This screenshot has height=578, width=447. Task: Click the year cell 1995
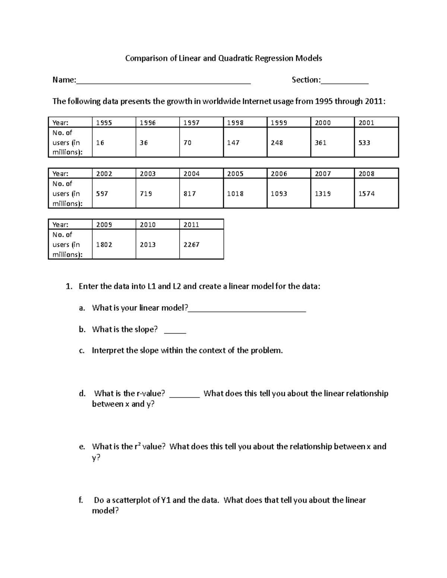coord(104,123)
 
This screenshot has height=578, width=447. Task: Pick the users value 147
coord(233,143)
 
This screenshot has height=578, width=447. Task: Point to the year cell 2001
coord(366,123)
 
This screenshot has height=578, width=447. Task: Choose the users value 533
coord(364,143)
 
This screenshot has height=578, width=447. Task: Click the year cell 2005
coord(235,174)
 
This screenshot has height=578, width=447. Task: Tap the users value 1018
coord(235,194)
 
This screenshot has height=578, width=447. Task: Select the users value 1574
coord(367,194)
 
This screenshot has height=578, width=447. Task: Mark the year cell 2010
coord(148,225)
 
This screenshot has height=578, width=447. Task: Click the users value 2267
coord(191,245)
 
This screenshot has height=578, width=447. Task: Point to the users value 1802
coord(104,245)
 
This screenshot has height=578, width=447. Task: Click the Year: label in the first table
coord(60,123)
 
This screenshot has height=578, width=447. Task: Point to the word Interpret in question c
coord(108,350)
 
